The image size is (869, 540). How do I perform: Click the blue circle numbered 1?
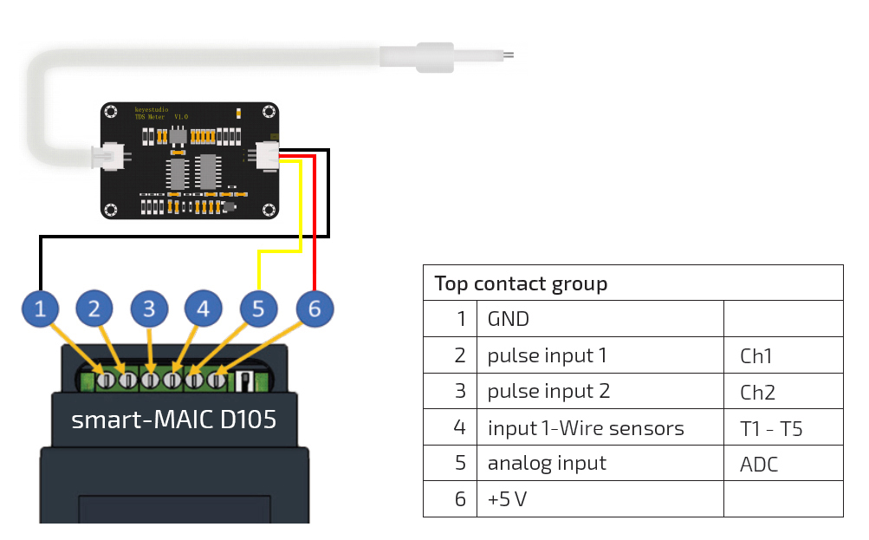(x=41, y=309)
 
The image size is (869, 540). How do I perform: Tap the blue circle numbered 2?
(x=94, y=309)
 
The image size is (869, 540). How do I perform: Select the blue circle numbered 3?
(x=149, y=309)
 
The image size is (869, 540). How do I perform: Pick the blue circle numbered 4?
(x=203, y=309)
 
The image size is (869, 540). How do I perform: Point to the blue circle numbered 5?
(x=258, y=309)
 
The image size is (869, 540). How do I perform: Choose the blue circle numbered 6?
(x=314, y=309)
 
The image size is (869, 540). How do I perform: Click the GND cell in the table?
(x=509, y=319)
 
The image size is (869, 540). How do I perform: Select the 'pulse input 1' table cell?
(x=547, y=355)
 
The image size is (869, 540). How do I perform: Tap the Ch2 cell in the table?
(x=757, y=392)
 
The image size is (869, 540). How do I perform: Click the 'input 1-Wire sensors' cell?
(x=585, y=428)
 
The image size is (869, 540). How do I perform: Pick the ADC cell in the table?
(x=759, y=465)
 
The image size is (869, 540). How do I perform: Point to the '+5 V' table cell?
(x=507, y=500)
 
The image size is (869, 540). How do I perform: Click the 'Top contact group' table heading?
(x=521, y=283)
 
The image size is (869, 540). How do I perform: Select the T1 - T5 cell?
(x=771, y=428)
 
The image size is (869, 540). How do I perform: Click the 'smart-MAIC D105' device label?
(x=173, y=420)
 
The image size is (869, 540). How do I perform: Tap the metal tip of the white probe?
(x=509, y=55)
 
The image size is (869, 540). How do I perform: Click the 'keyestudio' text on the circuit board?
(x=151, y=110)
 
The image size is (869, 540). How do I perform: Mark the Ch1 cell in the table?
(x=756, y=355)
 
